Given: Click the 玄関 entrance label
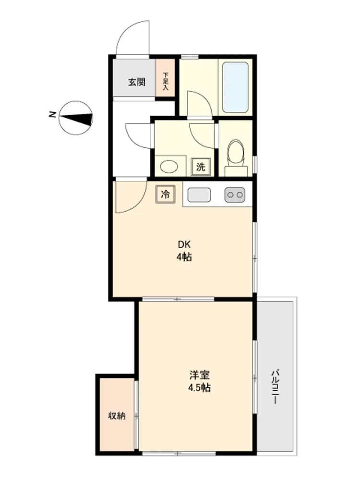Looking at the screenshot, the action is [136, 82].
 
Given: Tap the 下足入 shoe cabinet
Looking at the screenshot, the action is [165, 78].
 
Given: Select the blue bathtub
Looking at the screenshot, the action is [235, 87].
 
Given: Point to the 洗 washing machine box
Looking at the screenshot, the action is [201, 167].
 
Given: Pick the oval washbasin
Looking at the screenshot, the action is [169, 167].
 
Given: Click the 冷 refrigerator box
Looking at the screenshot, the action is [165, 194].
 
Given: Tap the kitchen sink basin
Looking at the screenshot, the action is [199, 195].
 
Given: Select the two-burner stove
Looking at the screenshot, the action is [235, 195].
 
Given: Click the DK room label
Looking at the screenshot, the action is [184, 244].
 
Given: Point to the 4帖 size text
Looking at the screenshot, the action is [184, 257].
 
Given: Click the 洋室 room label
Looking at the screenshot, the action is [199, 375].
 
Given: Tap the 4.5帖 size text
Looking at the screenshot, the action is [199, 388].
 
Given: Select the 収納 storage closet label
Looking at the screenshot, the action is [117, 416].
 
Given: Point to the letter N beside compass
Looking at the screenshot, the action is [52, 115].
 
